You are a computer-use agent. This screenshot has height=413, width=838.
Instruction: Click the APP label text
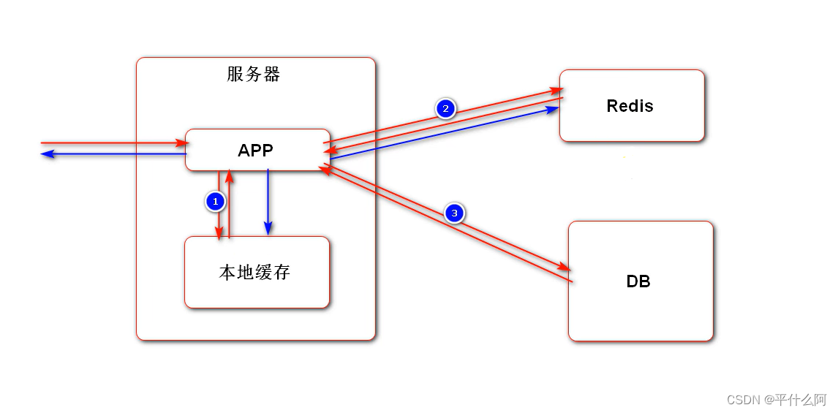tap(255, 151)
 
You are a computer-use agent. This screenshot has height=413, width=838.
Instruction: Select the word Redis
tap(630, 106)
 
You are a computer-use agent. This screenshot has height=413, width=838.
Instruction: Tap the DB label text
tap(638, 281)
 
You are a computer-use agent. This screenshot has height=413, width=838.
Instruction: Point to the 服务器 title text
tap(254, 75)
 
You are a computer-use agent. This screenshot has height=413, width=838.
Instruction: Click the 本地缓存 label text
tap(254, 273)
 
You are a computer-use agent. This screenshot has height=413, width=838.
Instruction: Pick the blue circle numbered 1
tap(215, 201)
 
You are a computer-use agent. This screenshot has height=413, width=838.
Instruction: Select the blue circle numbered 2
tap(445, 109)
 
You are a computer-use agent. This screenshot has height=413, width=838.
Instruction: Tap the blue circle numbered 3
tap(455, 213)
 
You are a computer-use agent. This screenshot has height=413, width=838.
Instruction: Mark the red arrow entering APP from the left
tap(110, 143)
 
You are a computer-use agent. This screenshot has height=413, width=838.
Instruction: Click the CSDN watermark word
tap(743, 399)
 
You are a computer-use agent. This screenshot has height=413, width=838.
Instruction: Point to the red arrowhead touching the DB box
tap(562, 265)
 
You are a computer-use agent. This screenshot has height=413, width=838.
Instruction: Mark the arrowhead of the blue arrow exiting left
tap(46, 154)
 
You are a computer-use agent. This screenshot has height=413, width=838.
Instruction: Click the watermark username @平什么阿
tap(795, 399)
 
